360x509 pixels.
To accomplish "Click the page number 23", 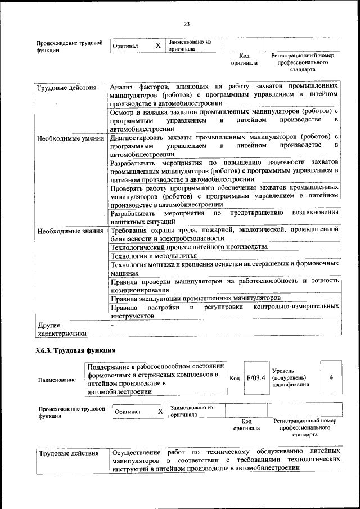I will pyautogui.click(x=187, y=24).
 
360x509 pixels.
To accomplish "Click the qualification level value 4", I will pyautogui.click(x=331, y=376).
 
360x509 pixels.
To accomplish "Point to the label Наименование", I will pyautogui.click(x=56, y=380).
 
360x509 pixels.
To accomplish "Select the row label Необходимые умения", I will pyautogui.click(x=70, y=138).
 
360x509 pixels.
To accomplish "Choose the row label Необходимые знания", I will pyautogui.click(x=70, y=231).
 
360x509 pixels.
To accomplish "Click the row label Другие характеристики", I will pyautogui.click(x=61, y=329).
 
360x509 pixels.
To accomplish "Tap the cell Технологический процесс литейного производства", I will pyautogui.click(x=188, y=247).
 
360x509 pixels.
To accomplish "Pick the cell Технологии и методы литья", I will pyautogui.click(x=154, y=256).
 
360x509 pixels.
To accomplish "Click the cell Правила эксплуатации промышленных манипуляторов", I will pyautogui.click(x=195, y=298).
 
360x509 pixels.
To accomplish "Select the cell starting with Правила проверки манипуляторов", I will pyautogui.click(x=224, y=285).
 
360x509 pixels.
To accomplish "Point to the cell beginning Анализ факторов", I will pyautogui.click(x=224, y=96).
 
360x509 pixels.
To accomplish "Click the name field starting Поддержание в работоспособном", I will pyautogui.click(x=156, y=379).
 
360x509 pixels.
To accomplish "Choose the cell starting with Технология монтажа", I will pyautogui.click(x=224, y=268).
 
